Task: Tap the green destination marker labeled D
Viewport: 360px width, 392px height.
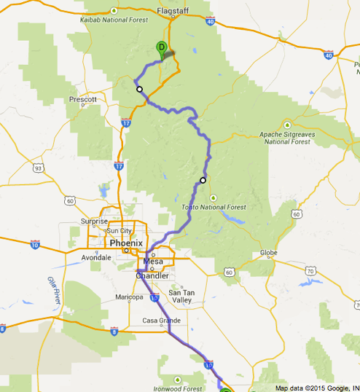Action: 161,48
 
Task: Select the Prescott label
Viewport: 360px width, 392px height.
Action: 83,98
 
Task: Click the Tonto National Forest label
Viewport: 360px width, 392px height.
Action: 214,207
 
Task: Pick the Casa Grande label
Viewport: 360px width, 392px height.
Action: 160,320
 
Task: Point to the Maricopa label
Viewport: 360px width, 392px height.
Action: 129,297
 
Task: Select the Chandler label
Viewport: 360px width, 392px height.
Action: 152,276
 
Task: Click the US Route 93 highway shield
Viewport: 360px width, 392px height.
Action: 36,168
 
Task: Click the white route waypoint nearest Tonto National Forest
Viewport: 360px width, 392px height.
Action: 203,180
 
